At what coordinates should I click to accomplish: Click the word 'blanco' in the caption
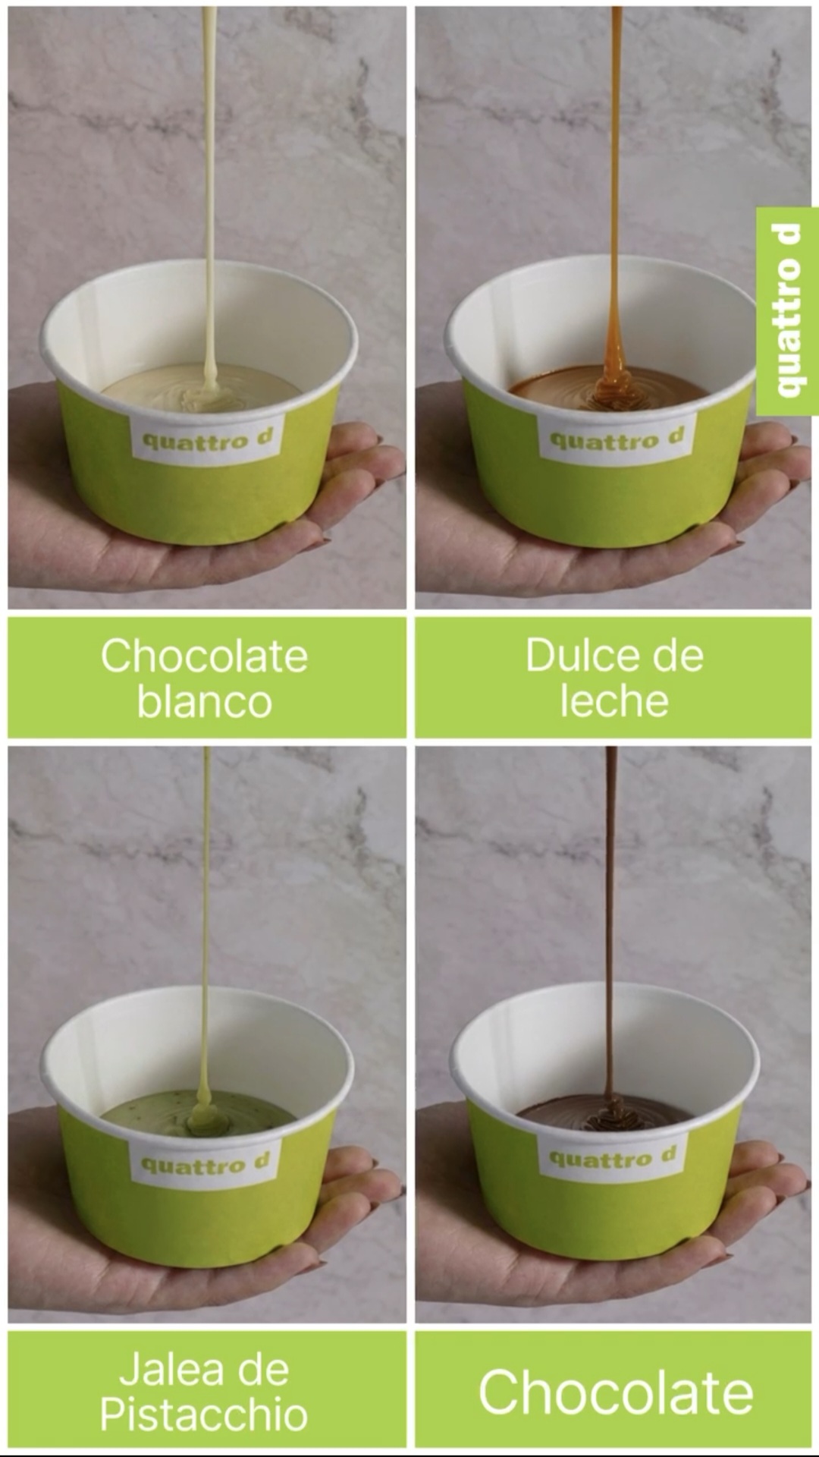click(204, 701)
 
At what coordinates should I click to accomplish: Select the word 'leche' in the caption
click(614, 701)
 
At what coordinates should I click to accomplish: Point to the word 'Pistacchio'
click(204, 1416)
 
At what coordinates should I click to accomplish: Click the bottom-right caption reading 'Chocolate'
click(616, 1393)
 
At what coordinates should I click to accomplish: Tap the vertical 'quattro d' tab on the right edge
click(788, 311)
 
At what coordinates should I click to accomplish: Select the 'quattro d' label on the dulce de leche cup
click(616, 438)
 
